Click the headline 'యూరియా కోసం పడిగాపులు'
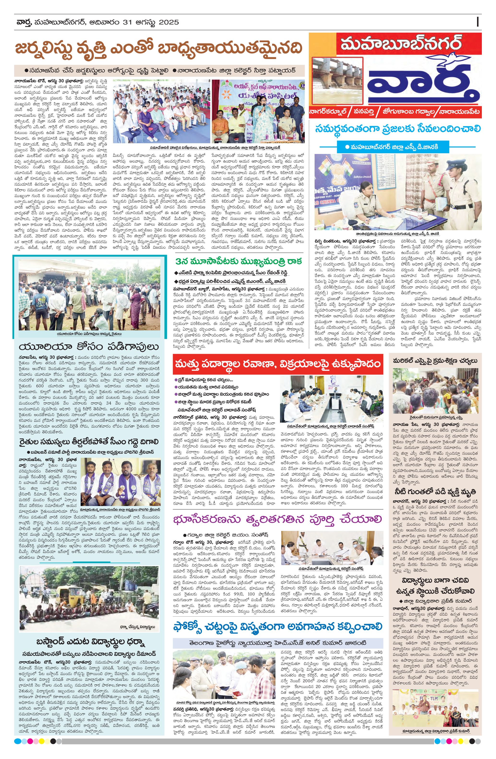click(89, 347)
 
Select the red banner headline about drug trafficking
click(277, 364)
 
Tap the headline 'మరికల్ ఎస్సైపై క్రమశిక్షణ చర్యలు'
click(435, 361)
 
